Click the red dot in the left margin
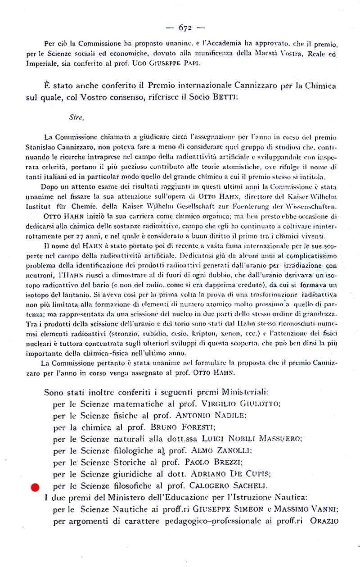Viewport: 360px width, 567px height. point(35,487)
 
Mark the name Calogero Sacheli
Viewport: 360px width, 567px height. point(229,485)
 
